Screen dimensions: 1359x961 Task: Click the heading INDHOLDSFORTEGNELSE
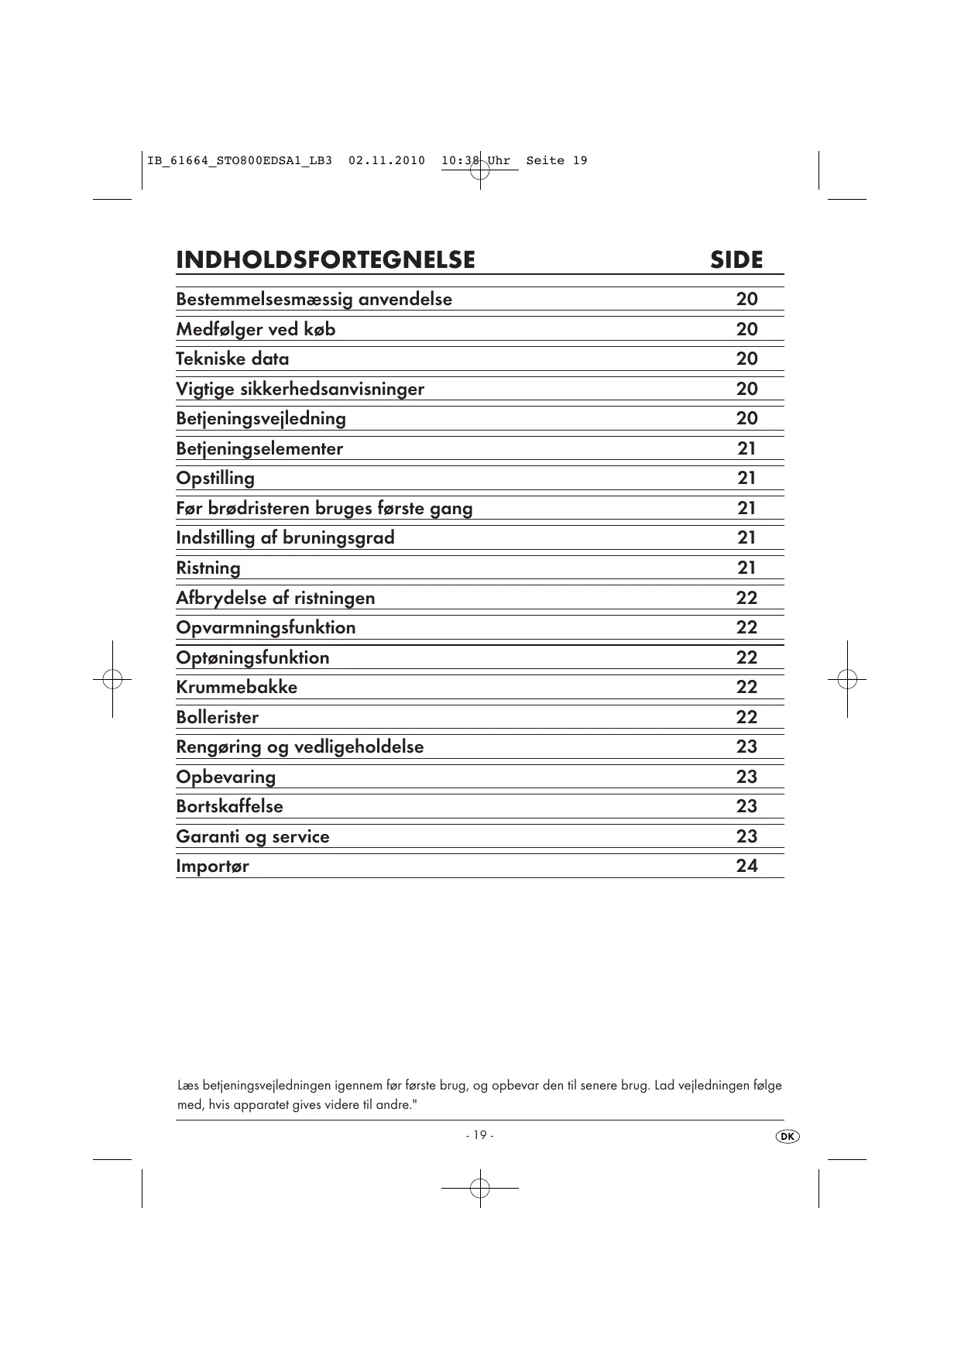point(325,259)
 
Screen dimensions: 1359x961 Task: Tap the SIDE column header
point(736,259)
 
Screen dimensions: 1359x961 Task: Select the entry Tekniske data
point(232,359)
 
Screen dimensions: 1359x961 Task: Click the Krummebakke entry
point(236,687)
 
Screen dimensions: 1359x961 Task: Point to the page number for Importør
point(746,866)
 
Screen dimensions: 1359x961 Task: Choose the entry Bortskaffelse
point(229,806)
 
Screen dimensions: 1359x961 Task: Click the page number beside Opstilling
point(746,478)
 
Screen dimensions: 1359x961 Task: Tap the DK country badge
point(787,1136)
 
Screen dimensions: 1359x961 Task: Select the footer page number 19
point(480,1135)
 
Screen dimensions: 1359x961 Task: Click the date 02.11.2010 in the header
point(386,161)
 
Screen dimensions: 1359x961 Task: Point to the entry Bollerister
point(217,717)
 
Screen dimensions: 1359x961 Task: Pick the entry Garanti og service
point(252,836)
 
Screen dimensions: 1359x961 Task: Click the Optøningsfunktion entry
point(252,657)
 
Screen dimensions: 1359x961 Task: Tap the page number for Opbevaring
point(746,777)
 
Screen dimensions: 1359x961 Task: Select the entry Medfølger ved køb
point(256,329)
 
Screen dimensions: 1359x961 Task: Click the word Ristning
point(208,568)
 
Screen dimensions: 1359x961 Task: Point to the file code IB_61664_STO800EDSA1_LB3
point(239,161)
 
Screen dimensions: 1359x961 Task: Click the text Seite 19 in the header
point(557,161)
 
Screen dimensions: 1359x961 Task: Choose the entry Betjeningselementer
point(259,448)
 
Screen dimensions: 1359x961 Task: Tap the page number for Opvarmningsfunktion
point(746,627)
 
